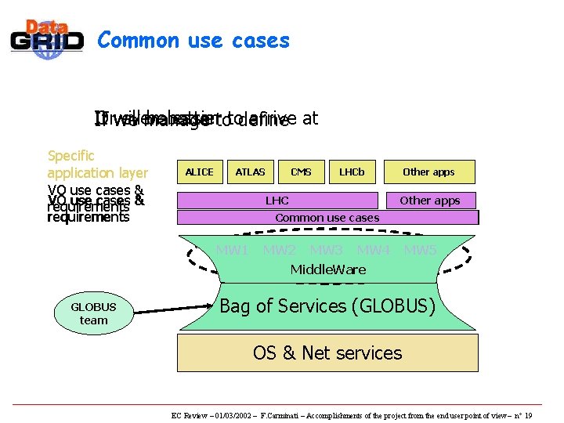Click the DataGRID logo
[47, 38]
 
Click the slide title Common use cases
[193, 40]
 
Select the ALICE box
[199, 172]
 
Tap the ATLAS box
[250, 172]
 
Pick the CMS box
[301, 172]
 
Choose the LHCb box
[352, 172]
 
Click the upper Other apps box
[428, 172]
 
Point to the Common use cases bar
[327, 218]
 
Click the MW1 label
[232, 251]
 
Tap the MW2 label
[279, 251]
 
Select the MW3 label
[326, 251]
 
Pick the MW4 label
[373, 251]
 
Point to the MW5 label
[421, 251]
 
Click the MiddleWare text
[327, 269]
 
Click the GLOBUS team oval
[93, 313]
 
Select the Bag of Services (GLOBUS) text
[327, 306]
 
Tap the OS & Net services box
[327, 352]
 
